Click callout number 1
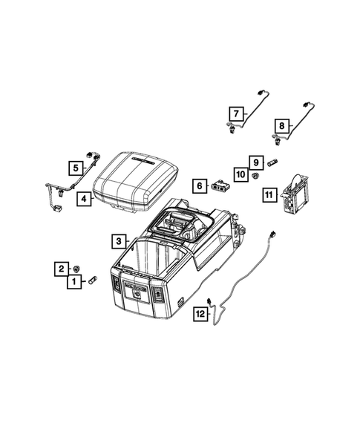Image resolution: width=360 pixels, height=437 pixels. tap(75, 282)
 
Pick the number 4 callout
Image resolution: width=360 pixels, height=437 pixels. tap(85, 199)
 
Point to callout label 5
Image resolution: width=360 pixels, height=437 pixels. tap(75, 168)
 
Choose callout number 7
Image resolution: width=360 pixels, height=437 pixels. tap(235, 114)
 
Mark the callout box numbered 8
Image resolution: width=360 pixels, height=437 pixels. tap(281, 125)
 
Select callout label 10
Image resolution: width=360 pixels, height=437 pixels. tap(240, 175)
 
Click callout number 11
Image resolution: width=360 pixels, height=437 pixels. tap(269, 194)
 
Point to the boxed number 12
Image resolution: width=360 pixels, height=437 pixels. tap(200, 315)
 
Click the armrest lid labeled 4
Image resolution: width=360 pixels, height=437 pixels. tap(139, 182)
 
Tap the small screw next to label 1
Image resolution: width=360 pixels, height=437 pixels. tap(93, 281)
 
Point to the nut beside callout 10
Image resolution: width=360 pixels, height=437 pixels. tap(255, 176)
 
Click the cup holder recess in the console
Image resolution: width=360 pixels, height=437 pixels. tap(178, 223)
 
